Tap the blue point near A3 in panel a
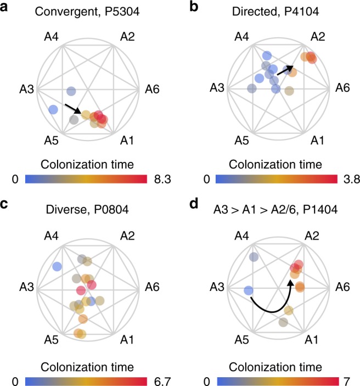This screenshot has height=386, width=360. click(53, 110)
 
